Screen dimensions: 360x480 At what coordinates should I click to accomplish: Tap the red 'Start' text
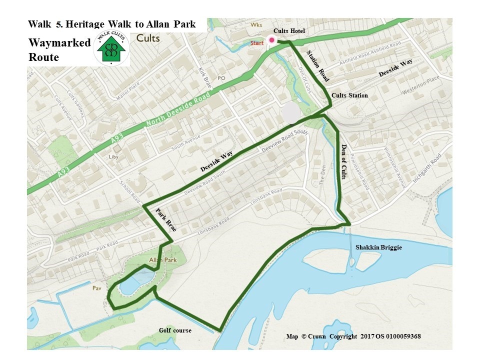coord(257,43)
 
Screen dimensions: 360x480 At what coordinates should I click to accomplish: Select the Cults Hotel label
coord(289,31)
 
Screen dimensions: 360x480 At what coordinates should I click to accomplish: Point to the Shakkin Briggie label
coord(378,247)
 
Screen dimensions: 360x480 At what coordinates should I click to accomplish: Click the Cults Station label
coord(349,95)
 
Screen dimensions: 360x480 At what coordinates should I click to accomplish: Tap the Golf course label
coord(175,330)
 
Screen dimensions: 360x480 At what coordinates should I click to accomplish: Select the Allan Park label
coord(160,260)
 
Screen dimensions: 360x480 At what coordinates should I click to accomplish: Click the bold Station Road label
coord(317,66)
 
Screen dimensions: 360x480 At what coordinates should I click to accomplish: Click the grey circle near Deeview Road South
coord(291,113)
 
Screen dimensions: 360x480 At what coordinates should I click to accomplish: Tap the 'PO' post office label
coord(221,78)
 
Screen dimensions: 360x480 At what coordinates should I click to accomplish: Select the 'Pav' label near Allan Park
coord(96,288)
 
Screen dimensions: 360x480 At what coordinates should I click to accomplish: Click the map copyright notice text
coord(353,336)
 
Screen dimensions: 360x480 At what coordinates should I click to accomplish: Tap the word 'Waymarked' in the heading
coord(59,43)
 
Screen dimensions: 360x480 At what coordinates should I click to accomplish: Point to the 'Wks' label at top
coord(256,24)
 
